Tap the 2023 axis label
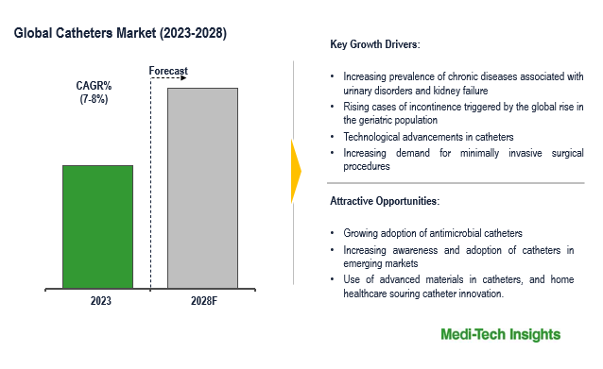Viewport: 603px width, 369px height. pos(100,301)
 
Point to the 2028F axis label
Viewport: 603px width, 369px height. pos(201,301)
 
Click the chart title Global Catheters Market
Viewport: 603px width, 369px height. pos(120,33)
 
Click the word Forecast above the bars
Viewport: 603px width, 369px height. pos(170,71)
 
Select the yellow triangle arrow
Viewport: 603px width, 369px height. pos(296,170)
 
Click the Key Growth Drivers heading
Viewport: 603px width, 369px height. pos(375,44)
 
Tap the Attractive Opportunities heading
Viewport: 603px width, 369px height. pos(385,201)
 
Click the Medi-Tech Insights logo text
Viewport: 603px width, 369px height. pos(500,335)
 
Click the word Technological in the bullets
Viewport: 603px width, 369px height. pos(375,137)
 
